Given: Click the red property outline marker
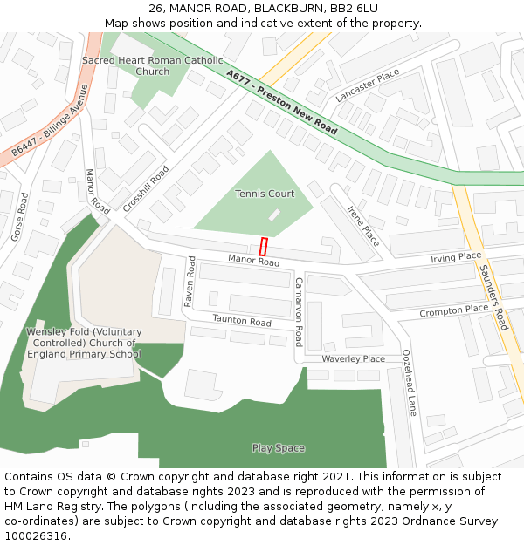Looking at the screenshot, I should pos(263,247).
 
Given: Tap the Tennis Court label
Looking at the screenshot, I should pos(265,194).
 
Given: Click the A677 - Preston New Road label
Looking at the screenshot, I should pos(281,102).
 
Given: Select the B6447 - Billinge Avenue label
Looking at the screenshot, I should pos(51,120).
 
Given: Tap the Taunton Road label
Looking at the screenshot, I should pos(242,321).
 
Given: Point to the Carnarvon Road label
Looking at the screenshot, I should pos(298,311).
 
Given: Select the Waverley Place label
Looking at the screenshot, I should pos(353,358).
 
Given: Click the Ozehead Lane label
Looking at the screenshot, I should pos(409,382).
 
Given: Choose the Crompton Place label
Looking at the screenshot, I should pos(453,310).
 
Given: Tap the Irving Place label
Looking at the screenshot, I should pos(456,257).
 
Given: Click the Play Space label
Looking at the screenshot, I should pos(279,448).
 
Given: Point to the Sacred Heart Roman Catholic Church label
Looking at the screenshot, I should pos(153,65).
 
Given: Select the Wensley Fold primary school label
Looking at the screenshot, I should pos(84,343).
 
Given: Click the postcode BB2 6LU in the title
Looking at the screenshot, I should pos(354,9).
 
